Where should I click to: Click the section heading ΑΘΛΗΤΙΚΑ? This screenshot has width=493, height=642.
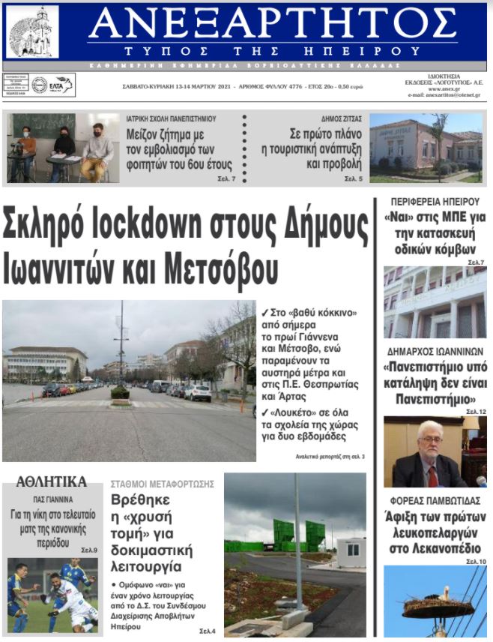pos(51,481)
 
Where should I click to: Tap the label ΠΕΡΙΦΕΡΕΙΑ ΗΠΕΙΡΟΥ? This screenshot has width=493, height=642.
pos(435,202)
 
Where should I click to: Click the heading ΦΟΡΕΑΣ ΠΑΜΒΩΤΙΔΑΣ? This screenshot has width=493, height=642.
pos(435,500)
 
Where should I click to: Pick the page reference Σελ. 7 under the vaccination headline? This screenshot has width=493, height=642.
pos(227,179)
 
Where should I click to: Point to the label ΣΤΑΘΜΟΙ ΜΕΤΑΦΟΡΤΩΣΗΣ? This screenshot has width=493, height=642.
pos(162,484)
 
